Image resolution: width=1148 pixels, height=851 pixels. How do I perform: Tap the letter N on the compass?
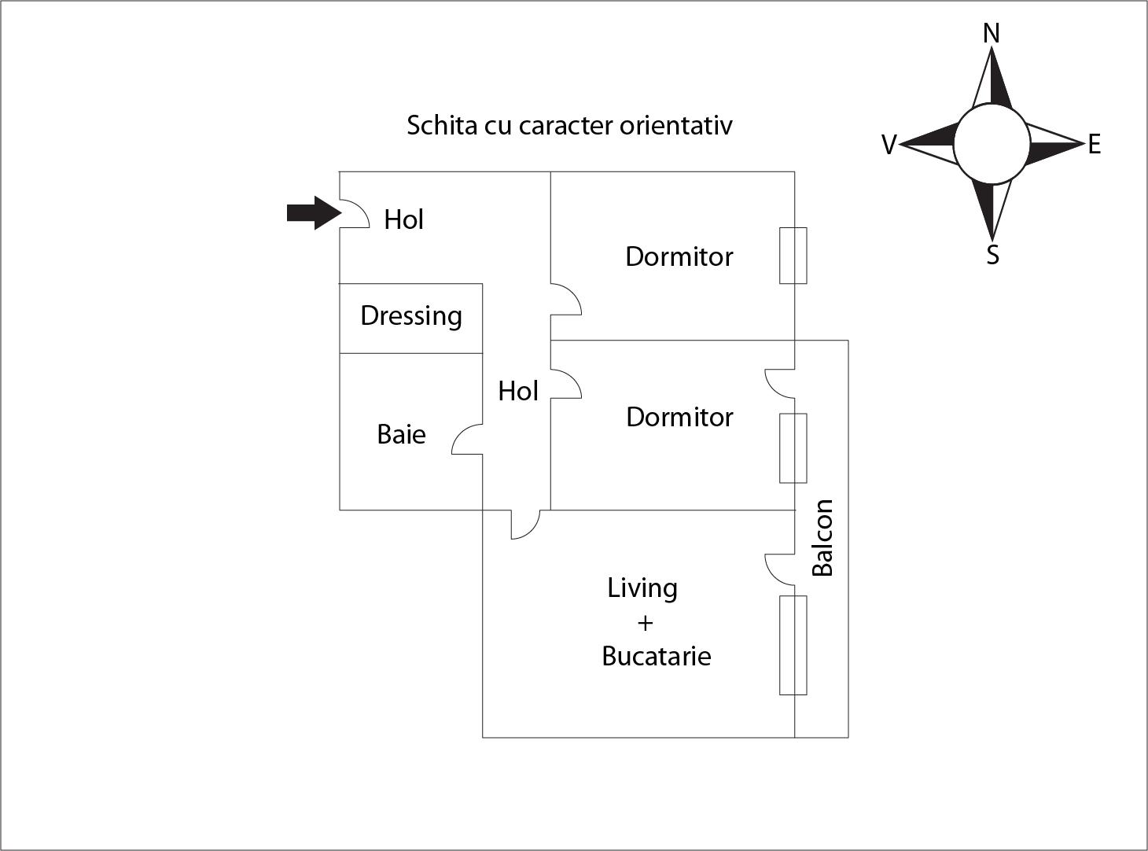pos(991,34)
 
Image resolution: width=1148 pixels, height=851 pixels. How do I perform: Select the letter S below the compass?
pos(992,255)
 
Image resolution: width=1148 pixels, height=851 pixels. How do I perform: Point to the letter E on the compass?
pos(1094,145)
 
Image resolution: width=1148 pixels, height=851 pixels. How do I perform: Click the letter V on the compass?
pos(889,145)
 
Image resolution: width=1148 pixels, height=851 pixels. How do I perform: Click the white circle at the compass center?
pos(992,145)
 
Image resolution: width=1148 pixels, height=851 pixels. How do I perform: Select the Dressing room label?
pos(410,316)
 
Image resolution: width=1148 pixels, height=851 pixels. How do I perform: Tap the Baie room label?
pos(401,434)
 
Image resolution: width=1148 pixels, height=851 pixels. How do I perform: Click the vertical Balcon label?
pos(822,538)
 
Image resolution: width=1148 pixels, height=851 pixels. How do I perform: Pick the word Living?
pos(642,588)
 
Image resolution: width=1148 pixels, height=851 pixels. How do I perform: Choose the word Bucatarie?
pos(656,656)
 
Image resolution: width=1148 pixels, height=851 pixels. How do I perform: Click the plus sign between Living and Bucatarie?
pos(645,623)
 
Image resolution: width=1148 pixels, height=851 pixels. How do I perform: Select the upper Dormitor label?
pos(679,256)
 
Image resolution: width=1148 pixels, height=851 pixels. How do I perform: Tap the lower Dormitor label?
pos(679,417)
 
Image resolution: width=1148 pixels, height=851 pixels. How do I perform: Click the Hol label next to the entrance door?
pos(403,219)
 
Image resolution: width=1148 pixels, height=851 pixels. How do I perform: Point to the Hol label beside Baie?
pos(517,391)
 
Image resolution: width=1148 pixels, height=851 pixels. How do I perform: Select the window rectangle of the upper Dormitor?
pos(793,256)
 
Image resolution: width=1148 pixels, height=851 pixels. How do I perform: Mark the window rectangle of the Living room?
pos(793,645)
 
